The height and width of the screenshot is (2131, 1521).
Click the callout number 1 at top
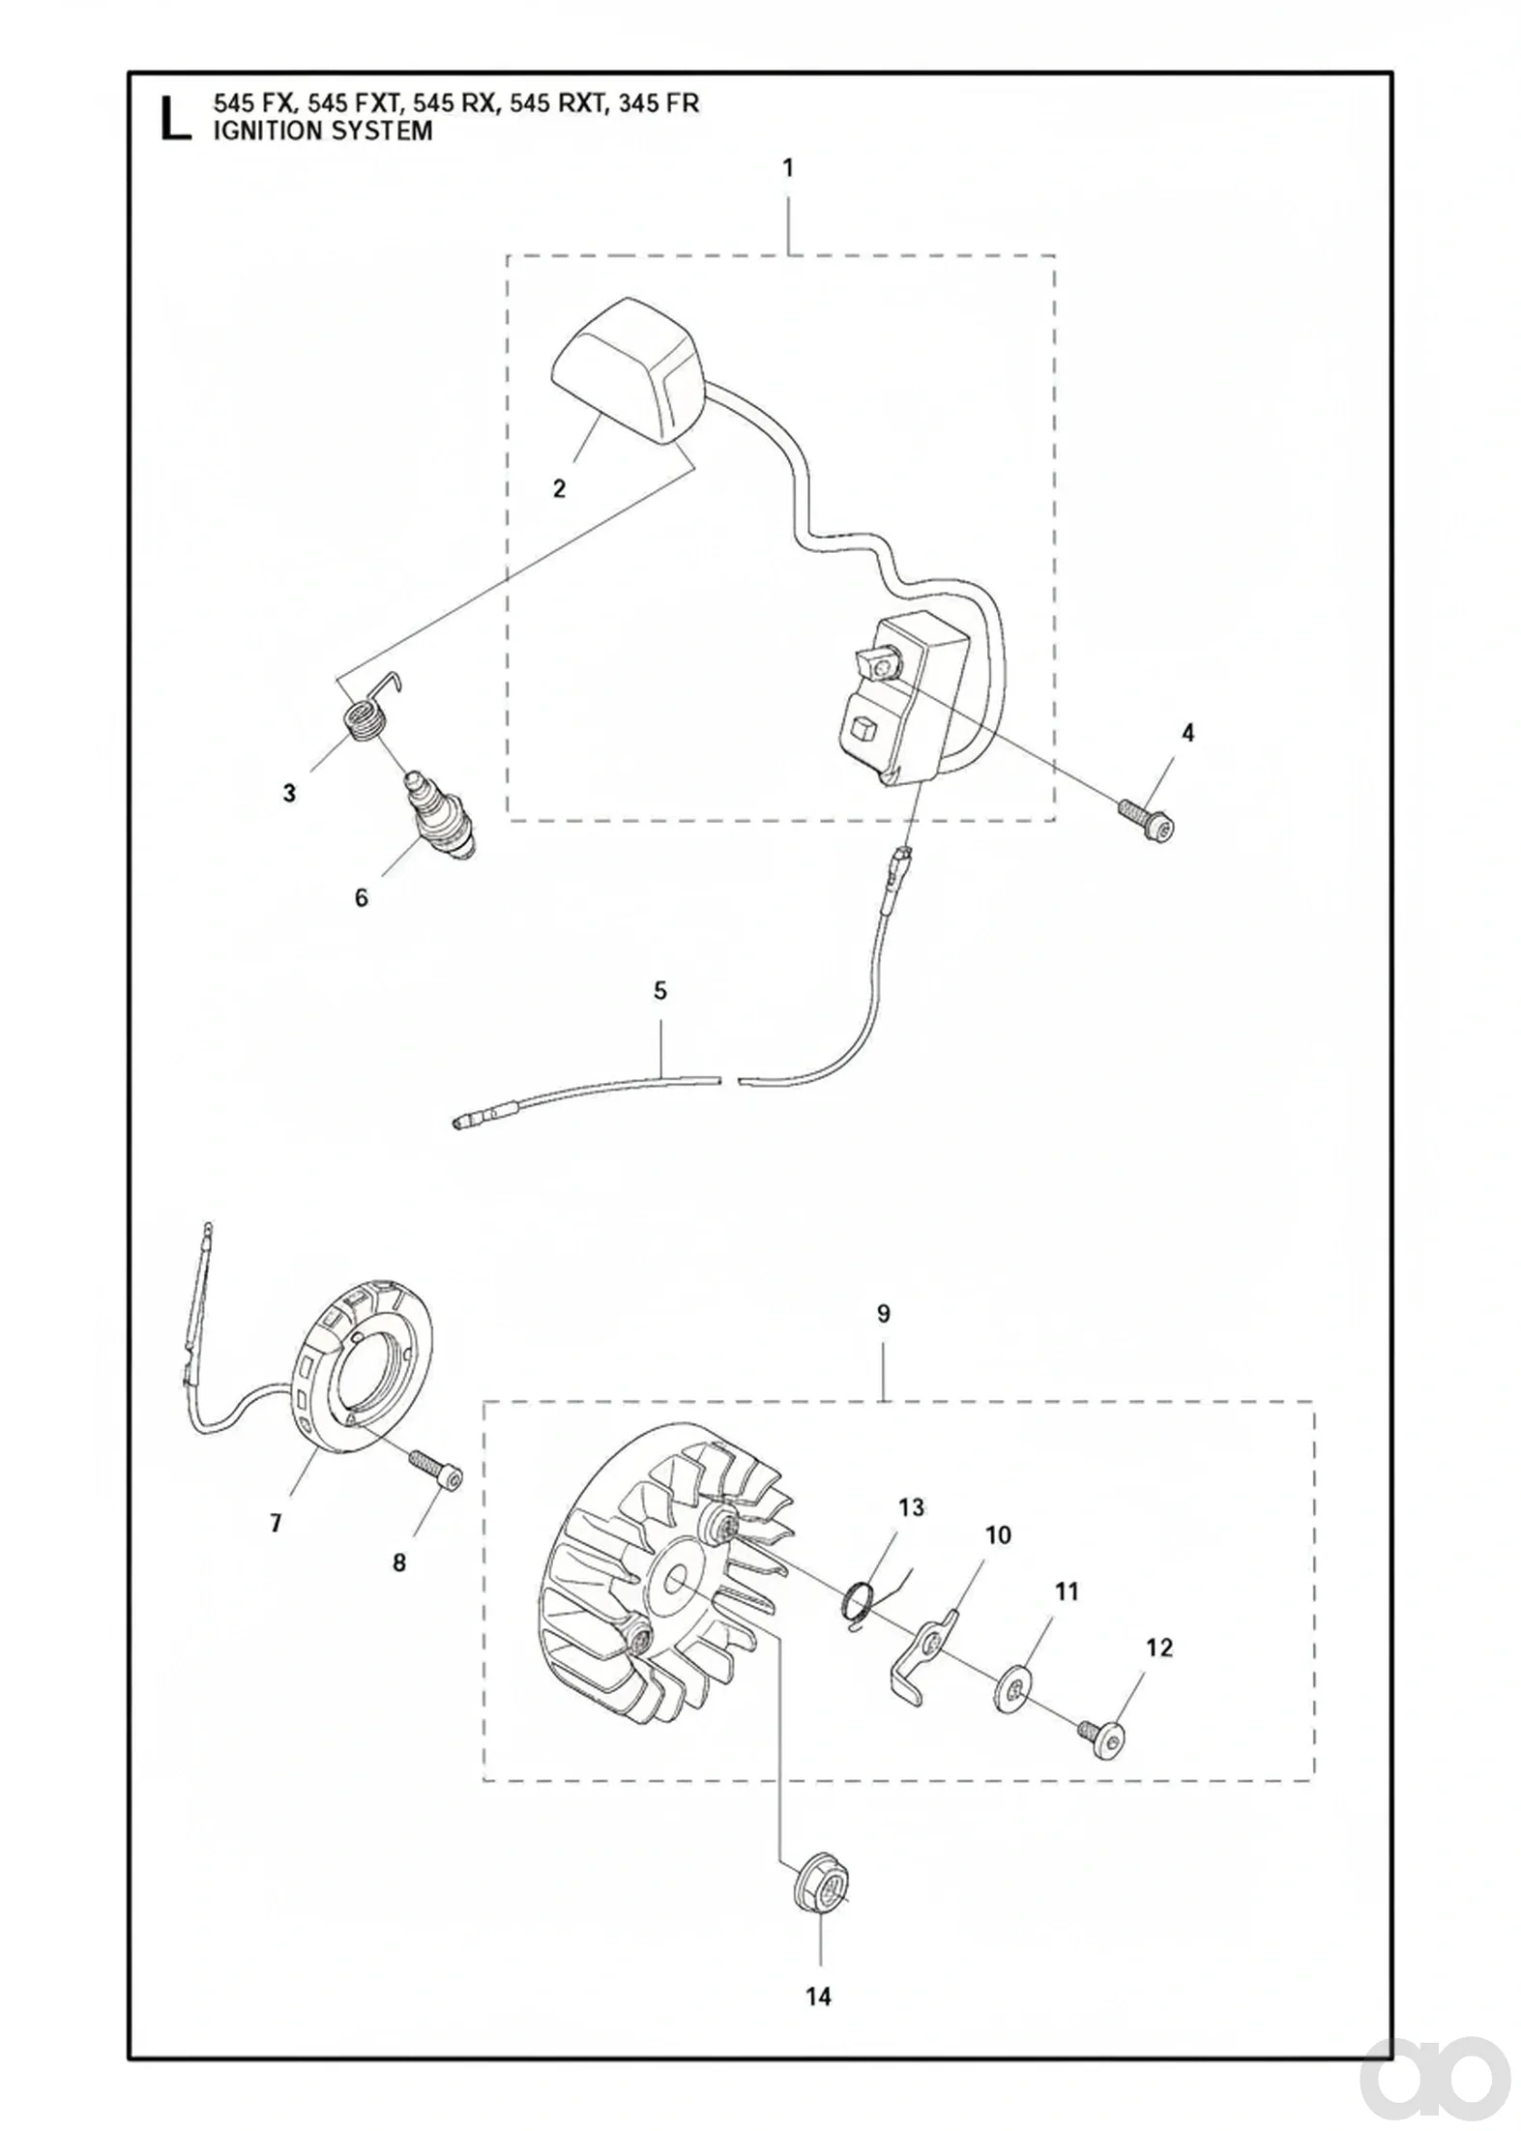788,168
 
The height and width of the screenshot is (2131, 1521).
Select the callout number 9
883,1314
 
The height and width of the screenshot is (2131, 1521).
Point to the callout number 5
660,991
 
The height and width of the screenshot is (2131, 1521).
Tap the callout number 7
276,1524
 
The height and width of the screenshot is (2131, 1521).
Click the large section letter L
174,116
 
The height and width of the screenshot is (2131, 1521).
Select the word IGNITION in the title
267,131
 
